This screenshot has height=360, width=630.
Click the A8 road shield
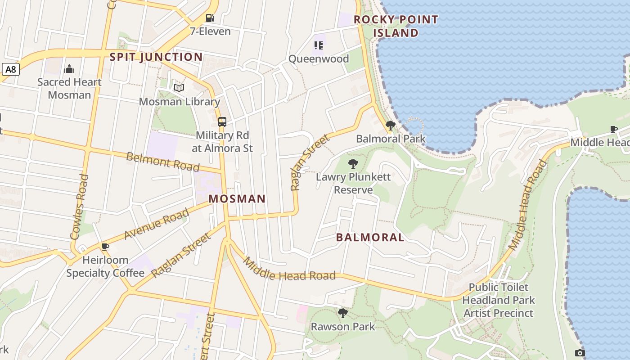pos(11,69)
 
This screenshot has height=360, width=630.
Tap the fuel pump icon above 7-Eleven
pos(210,18)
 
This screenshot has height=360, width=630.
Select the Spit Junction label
pos(156,57)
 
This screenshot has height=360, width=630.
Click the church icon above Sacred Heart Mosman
pos(69,68)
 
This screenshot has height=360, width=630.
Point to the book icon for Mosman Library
pos(179,88)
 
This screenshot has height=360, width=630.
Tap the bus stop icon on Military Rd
pos(222,121)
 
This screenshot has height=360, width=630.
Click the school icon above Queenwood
pos(319,45)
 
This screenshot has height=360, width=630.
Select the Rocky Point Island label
pos(396,26)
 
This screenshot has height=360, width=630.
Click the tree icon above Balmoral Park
pos(391,126)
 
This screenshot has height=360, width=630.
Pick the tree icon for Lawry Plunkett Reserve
pos(353,164)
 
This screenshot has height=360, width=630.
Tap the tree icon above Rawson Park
pos(343,313)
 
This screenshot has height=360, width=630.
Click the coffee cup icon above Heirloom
pos(105,247)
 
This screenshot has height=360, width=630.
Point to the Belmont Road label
pos(162,162)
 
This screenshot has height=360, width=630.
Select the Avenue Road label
pos(156,224)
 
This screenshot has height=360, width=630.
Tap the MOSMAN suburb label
pos(237,199)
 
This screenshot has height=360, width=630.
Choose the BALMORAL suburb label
pos(370,238)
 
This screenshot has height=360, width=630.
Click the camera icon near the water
pos(580,353)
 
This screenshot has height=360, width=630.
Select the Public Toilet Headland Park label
pos(499,293)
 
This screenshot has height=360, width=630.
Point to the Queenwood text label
pos(319,59)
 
